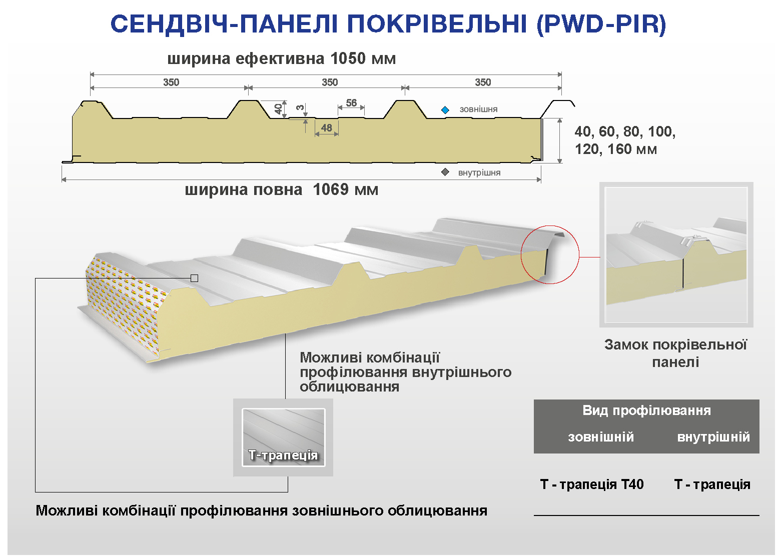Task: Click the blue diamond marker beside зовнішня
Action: coord(445,110)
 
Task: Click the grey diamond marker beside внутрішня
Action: coord(445,172)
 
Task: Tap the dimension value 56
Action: coord(351,102)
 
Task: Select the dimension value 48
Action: coord(326,128)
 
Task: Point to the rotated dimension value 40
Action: coord(278,109)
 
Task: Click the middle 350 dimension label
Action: coord(330,82)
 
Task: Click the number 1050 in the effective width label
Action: coord(348,58)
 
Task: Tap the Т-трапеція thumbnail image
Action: coord(283,437)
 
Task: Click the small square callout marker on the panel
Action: coord(194,278)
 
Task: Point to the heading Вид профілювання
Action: coord(646,410)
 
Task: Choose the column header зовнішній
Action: coord(601,436)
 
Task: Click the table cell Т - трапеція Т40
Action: coord(592,484)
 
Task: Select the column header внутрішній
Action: coord(713,437)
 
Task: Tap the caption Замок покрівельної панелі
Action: coord(675,353)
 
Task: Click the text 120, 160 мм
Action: coord(616,149)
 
